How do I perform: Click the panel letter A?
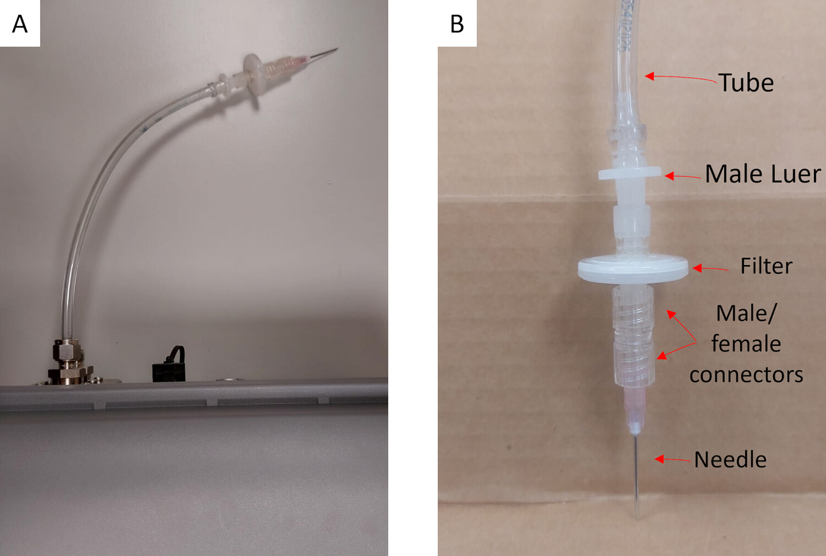point(20,24)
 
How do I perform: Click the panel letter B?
point(457,24)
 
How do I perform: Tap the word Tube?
point(746,82)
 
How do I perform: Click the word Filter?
point(767,266)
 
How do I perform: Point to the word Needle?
point(730,460)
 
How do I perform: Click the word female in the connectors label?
point(746,344)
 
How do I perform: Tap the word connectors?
point(746,375)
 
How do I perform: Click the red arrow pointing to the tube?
point(681,78)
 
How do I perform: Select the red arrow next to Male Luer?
point(683,177)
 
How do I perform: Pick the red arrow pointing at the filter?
point(710,269)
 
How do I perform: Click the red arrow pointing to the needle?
point(672,459)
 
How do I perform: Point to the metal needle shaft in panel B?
point(637,475)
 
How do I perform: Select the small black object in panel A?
point(169,365)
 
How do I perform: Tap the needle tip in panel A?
point(337,49)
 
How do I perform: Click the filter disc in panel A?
point(254,75)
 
